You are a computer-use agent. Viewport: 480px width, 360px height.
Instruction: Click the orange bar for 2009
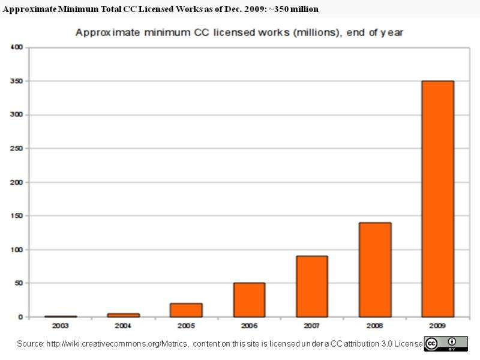437,198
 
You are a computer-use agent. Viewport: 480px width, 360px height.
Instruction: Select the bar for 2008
375,269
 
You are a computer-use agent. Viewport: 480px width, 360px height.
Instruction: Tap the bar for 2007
312,286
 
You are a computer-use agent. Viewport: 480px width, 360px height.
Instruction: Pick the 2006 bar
249,299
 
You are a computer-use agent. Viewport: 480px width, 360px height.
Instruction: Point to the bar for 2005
186,310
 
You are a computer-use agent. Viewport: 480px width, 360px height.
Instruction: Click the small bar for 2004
124,314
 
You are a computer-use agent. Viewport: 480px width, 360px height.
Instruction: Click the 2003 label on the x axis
61,326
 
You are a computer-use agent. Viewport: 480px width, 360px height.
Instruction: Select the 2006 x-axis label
249,326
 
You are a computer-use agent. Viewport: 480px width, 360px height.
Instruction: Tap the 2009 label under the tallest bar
437,326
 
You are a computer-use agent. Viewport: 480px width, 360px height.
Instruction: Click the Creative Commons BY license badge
445,343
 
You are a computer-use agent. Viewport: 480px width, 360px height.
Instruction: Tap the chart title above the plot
239,33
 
